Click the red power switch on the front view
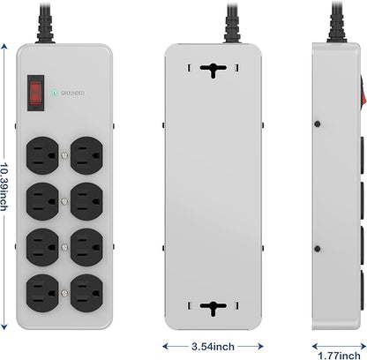pos(35,93)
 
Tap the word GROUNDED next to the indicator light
pos(72,93)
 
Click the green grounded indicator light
pos(55,93)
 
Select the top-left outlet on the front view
pos(42,155)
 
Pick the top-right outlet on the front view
pos(86,155)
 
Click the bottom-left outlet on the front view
pos(42,293)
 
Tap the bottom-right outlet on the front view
pos(86,293)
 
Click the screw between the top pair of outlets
pos(64,155)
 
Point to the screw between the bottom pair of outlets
pos(64,293)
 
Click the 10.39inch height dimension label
pos(4,186)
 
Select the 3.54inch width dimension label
pos(213,346)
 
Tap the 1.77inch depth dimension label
pos(339,356)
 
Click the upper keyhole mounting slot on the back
pos(213,71)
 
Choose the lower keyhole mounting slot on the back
pos(213,308)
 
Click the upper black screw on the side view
pos(318,124)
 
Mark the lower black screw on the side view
pos(318,249)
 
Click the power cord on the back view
pos(232,21)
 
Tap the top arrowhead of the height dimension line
pos(4,47)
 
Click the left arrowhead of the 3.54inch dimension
pos(166,346)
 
